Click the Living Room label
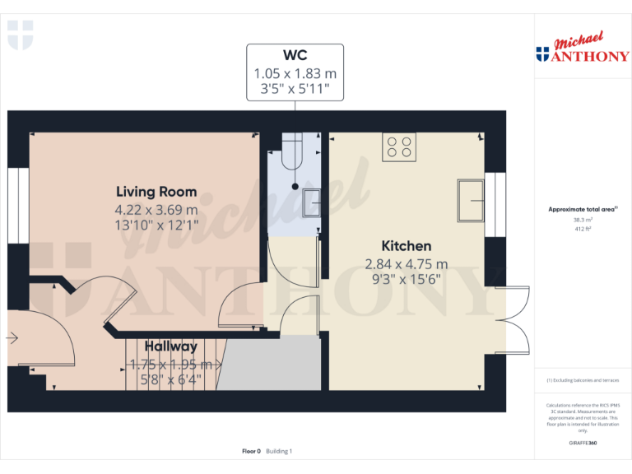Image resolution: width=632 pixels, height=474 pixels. pos(156,191)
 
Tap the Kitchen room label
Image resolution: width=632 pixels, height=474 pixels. pos(406,245)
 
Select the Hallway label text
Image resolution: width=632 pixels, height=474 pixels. pos(171,346)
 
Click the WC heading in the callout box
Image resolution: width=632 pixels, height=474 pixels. pos(295,55)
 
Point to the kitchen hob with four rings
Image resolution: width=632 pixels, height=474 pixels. pos(400,146)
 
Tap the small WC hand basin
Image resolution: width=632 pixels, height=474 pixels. pos(311,202)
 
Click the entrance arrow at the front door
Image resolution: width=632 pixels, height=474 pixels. pos(12,337)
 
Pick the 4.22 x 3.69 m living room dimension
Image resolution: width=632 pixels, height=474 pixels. pos(156,210)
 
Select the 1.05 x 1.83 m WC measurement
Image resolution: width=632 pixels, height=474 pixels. pos(295,73)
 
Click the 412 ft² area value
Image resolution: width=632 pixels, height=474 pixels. pos(582,229)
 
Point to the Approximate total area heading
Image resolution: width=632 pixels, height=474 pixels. pos(582,210)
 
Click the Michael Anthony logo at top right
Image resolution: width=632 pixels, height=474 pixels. pos(582,50)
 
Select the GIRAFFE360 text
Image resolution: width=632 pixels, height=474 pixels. pos(582,444)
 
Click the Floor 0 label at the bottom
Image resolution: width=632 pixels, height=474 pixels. pos(251,451)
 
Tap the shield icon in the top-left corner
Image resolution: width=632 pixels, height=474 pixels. pos(20,35)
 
